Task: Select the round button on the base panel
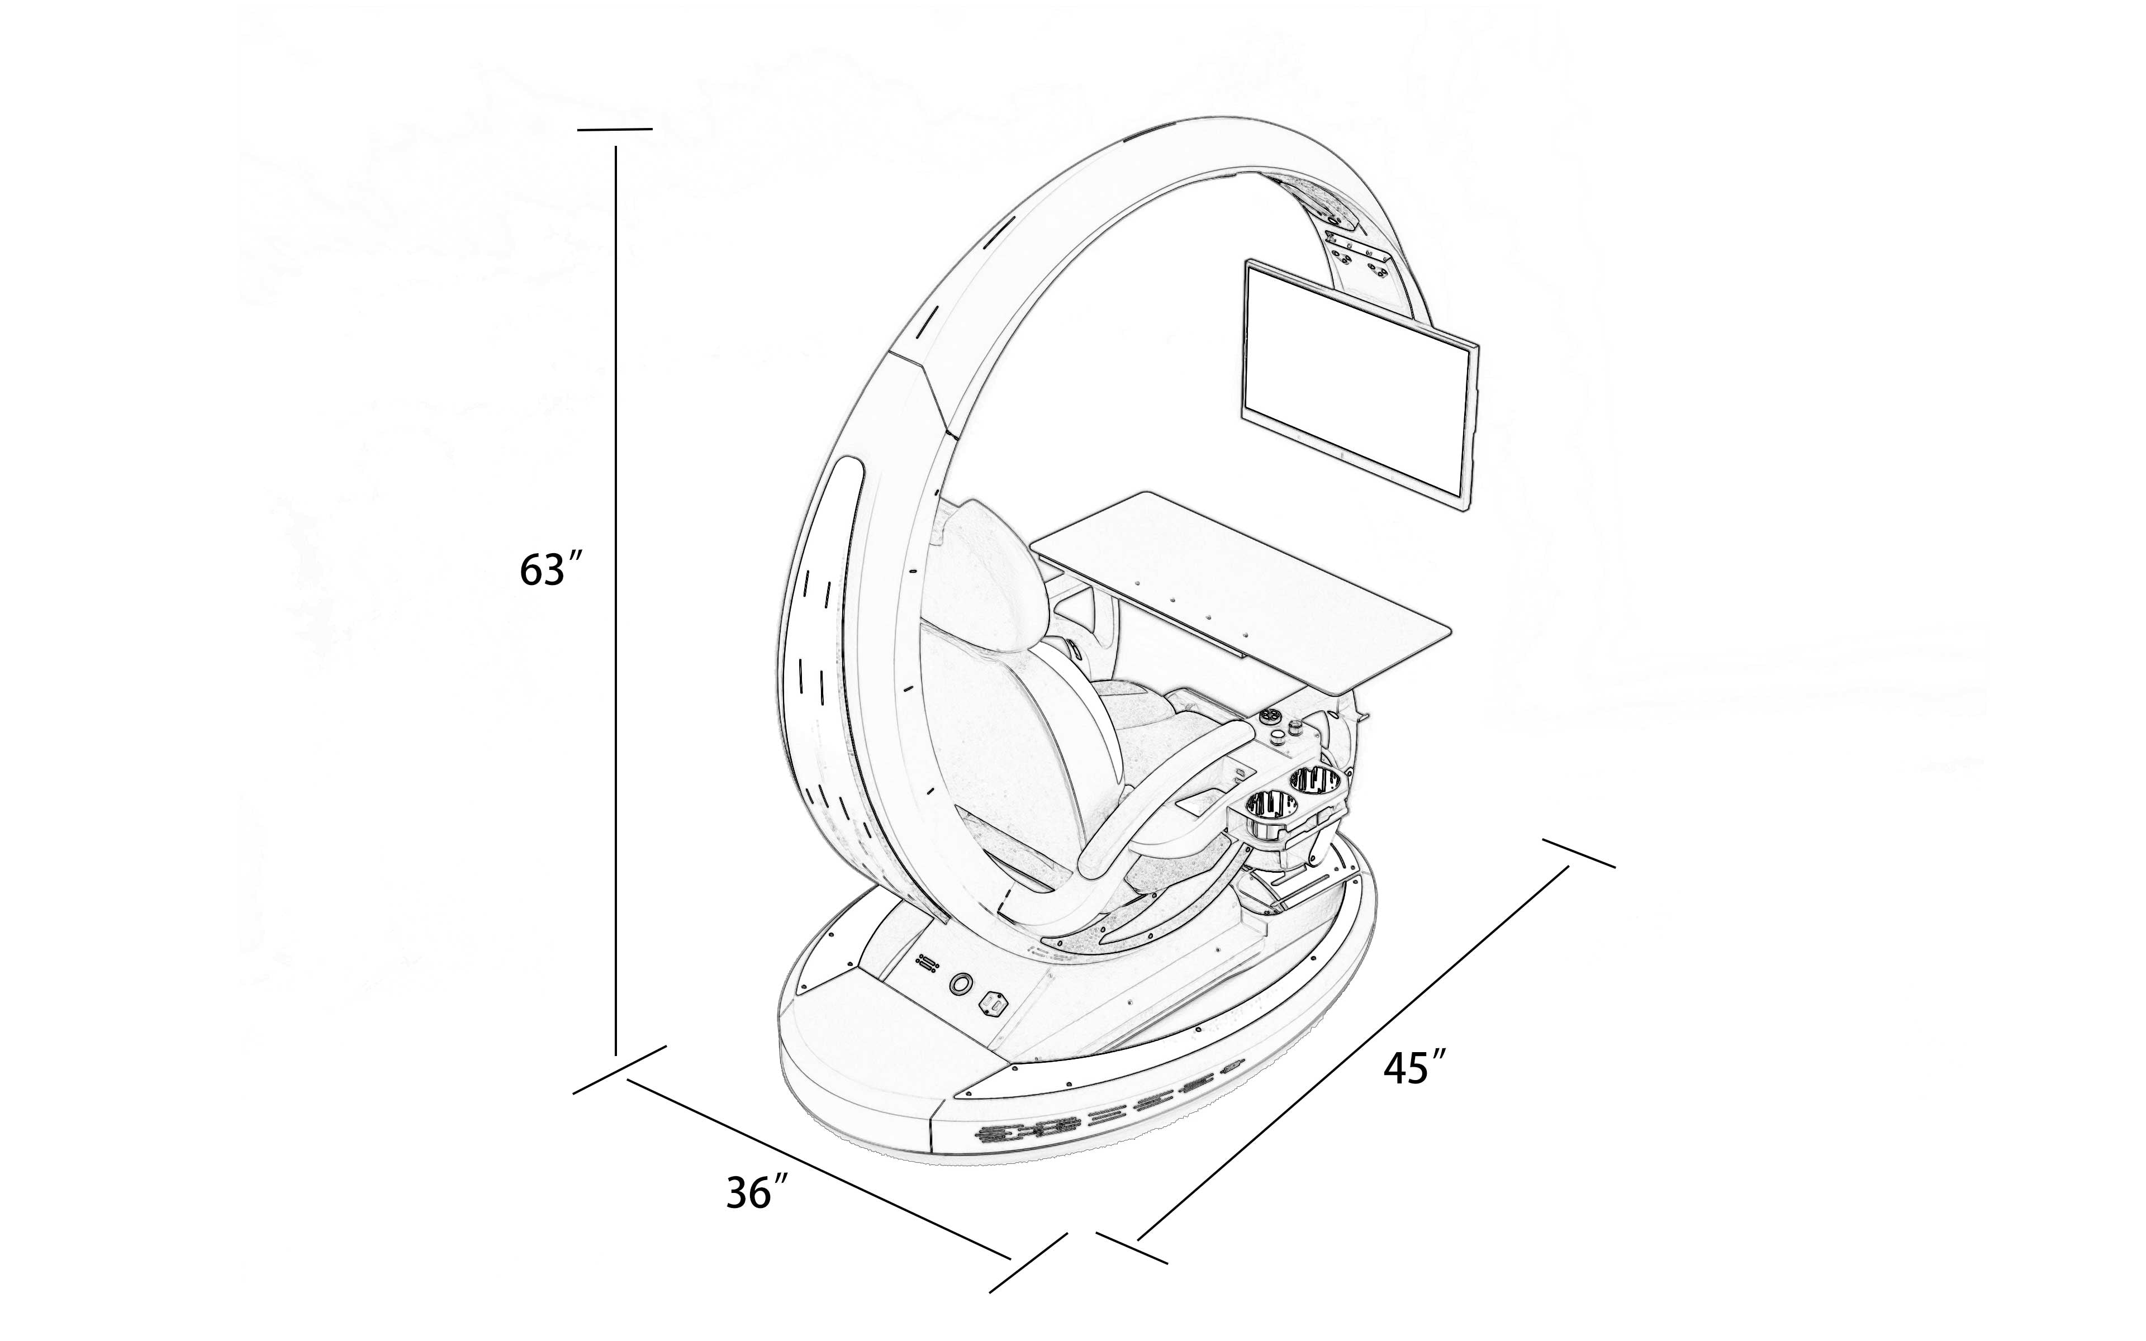click(960, 983)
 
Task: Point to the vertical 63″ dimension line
click(615, 603)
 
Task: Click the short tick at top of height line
click(615, 130)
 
